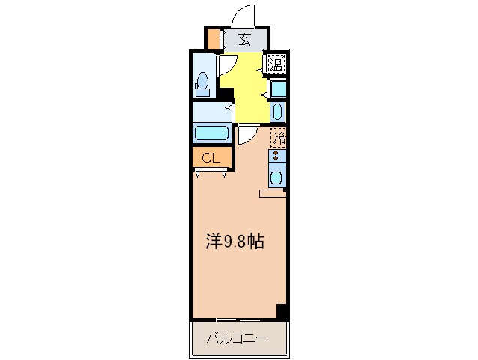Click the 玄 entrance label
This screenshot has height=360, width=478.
click(244, 40)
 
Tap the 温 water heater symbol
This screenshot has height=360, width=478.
click(276, 64)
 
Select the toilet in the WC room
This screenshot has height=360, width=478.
click(202, 84)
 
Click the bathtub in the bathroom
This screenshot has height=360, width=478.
click(212, 134)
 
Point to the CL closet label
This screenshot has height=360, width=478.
click(210, 158)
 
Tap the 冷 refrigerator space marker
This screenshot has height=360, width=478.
click(278, 138)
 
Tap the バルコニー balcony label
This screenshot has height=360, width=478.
click(238, 338)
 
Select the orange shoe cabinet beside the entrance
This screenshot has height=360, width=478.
click(214, 39)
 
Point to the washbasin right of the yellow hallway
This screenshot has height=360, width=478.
click(277, 112)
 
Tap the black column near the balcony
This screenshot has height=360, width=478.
click(282, 311)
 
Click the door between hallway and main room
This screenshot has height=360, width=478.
click(247, 136)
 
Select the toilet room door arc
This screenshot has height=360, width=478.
click(225, 65)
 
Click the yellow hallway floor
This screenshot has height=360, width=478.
click(247, 86)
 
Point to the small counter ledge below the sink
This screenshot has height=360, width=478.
click(273, 194)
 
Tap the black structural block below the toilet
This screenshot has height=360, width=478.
click(226, 95)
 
